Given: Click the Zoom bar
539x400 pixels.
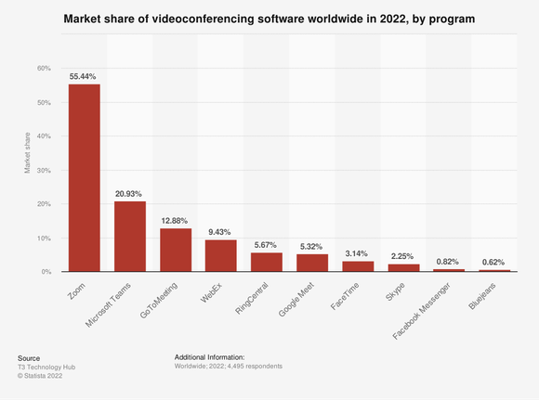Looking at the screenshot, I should tap(84, 178).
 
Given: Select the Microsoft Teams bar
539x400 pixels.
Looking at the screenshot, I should tap(129, 237).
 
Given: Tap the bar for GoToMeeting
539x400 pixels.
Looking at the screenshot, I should tap(176, 250).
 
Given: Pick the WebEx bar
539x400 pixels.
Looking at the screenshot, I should tap(220, 256).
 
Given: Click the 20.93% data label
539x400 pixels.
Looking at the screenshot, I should tap(129, 193).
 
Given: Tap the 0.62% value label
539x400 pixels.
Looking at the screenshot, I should tap(493, 262).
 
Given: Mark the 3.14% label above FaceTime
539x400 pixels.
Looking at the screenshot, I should tap(357, 252).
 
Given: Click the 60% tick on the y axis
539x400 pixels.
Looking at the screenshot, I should tap(43, 69).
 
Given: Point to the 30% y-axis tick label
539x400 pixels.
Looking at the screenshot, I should tap(43, 170).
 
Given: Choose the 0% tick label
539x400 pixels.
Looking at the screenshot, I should tap(45, 272).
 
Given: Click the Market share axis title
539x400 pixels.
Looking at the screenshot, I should tap(26, 152).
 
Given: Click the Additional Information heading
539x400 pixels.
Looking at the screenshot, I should tap(209, 356).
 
